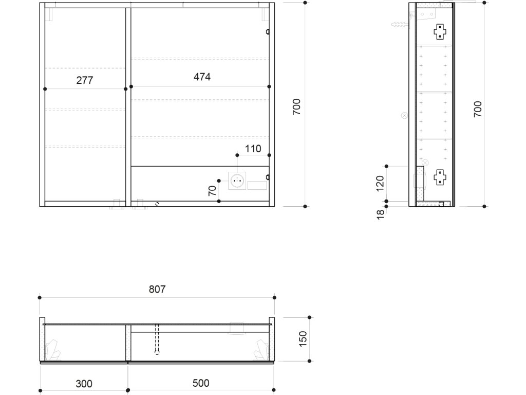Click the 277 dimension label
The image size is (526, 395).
(x=85, y=80)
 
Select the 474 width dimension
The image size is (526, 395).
(x=202, y=77)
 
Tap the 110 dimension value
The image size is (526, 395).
(x=253, y=149)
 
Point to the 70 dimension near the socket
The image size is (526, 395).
(x=212, y=191)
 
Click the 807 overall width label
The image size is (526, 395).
(x=157, y=289)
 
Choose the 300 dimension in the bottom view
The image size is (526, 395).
(x=84, y=384)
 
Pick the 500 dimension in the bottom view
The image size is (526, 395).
(x=201, y=383)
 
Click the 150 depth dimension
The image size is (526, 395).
(x=303, y=339)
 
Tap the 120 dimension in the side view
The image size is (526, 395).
(x=380, y=184)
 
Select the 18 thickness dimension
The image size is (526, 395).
(x=381, y=214)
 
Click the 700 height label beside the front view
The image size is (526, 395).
(x=296, y=107)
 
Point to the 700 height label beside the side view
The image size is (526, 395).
(x=478, y=109)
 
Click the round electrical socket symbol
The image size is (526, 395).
(x=237, y=181)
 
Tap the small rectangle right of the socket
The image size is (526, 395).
(x=257, y=185)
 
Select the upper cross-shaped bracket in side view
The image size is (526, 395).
(x=440, y=32)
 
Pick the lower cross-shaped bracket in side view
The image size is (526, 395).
(x=440, y=177)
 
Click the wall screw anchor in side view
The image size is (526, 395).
(x=400, y=24)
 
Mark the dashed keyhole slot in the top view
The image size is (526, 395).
(x=157, y=338)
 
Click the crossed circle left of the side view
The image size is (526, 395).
(x=405, y=116)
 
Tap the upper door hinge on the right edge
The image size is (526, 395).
(x=268, y=32)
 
